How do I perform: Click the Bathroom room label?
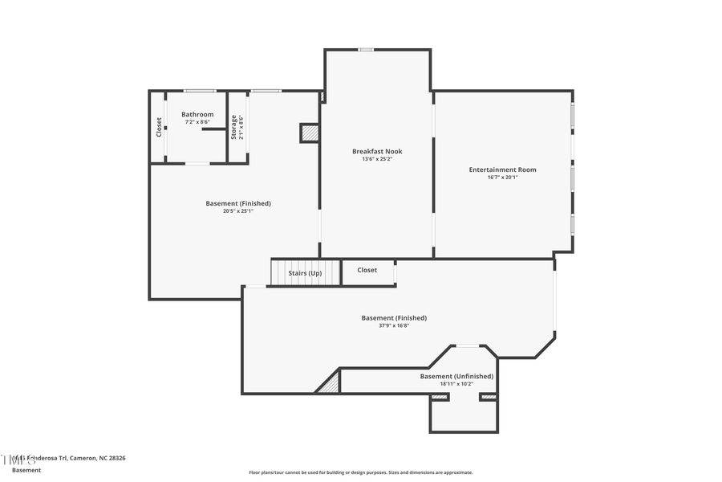[x=197, y=115]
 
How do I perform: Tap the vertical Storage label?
[x=234, y=128]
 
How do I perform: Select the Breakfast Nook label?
[x=377, y=151]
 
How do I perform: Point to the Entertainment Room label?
[x=503, y=170]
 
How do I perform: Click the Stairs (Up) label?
[x=305, y=273]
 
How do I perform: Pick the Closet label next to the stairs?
[x=367, y=270]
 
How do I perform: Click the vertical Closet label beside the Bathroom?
[x=159, y=127]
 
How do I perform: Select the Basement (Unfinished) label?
[x=456, y=376]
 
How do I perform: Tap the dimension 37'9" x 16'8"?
[x=394, y=326]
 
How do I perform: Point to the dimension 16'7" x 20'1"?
[x=503, y=178]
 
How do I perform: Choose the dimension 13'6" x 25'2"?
[x=377, y=159]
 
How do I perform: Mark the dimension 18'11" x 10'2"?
[x=456, y=384]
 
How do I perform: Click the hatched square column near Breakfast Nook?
[x=310, y=133]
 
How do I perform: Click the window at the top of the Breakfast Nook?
[x=366, y=50]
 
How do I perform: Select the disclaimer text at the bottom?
[x=361, y=472]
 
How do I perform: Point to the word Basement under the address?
[x=26, y=469]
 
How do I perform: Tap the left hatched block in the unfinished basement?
[x=440, y=397]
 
